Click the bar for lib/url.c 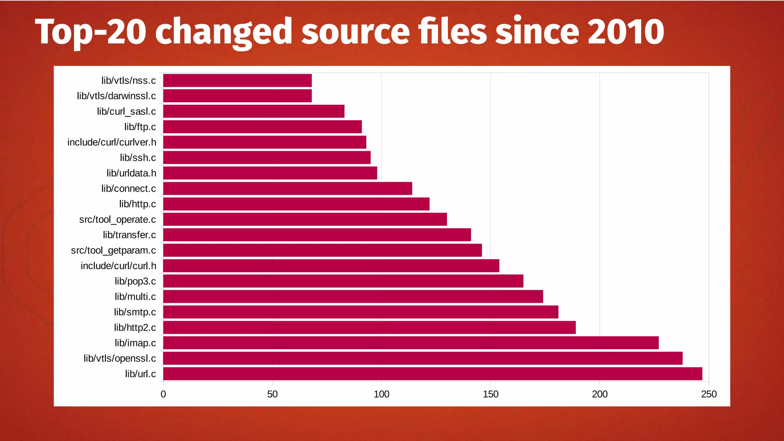433,374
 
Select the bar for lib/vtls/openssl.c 423,358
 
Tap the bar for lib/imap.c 411,343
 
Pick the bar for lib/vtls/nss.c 237,80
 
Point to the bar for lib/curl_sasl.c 254,111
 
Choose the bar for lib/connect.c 287,188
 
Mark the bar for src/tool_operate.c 305,219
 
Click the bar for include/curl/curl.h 331,266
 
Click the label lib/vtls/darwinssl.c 116,96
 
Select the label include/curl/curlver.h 112,142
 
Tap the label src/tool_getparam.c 113,250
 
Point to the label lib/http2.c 135,328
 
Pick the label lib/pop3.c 135,281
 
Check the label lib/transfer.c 129,235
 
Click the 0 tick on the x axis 163,394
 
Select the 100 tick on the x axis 381,394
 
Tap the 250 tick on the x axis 709,394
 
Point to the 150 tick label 490,394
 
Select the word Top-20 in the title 90,32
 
